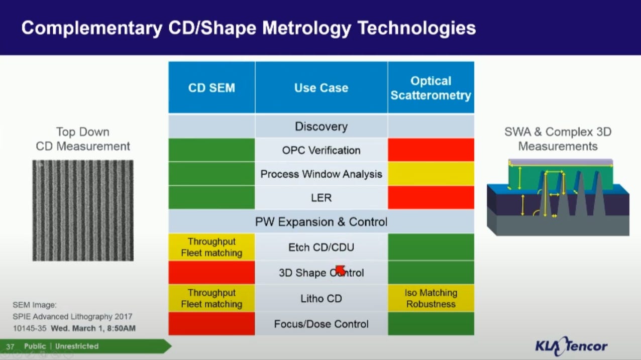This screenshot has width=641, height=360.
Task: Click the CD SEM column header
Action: (x=211, y=87)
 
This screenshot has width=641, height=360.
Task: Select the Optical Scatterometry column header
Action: (x=431, y=87)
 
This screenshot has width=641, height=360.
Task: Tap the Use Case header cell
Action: (x=322, y=87)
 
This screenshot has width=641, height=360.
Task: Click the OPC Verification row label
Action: (x=322, y=150)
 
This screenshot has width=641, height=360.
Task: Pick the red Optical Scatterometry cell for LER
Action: (x=431, y=197)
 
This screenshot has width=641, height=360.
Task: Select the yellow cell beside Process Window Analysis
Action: (x=431, y=174)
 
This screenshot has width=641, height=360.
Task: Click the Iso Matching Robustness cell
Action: (x=431, y=298)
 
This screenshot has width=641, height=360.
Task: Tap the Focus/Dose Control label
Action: (x=322, y=324)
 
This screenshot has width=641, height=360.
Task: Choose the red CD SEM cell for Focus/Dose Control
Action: (x=211, y=323)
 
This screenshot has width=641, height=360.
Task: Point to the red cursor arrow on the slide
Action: (x=340, y=270)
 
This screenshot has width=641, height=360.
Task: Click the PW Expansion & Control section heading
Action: (x=322, y=221)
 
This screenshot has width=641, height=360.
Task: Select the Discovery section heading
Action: (x=322, y=127)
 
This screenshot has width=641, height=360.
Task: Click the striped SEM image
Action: (x=83, y=210)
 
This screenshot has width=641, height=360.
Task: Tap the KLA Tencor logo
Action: (x=571, y=346)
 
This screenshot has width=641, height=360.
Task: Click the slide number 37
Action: (x=10, y=346)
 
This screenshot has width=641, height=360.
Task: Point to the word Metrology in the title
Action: (x=307, y=28)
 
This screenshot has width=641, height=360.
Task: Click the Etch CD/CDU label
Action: (x=322, y=247)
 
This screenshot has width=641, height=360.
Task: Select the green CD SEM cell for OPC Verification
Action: (x=211, y=150)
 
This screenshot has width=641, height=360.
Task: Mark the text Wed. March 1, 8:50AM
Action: (x=93, y=328)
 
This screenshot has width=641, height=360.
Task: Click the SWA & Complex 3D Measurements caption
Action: (x=558, y=139)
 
